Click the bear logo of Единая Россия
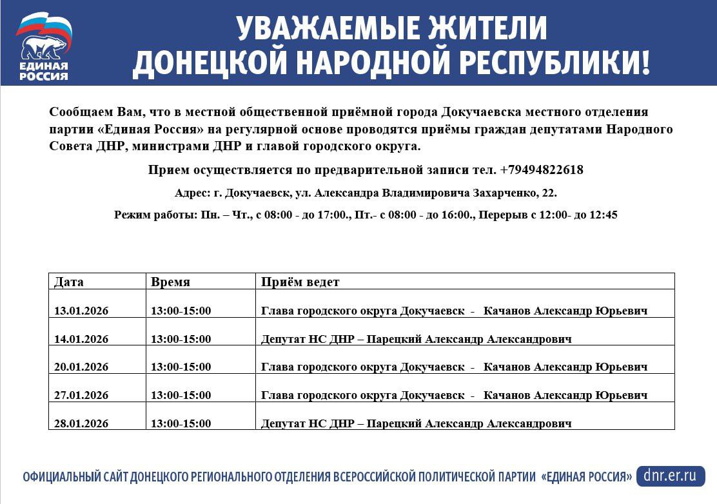[x=43, y=46]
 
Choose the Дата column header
[x=69, y=282]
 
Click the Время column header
[x=170, y=282]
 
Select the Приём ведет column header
[x=300, y=282]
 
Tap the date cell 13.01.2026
[x=81, y=311]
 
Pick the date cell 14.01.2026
[x=81, y=339]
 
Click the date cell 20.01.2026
[x=81, y=367]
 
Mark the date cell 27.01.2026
[x=81, y=395]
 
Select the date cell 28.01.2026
[x=81, y=423]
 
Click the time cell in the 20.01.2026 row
[x=181, y=367]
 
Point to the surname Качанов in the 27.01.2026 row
[x=507, y=395]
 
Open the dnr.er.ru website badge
[x=669, y=476]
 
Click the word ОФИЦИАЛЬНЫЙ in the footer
[x=61, y=477]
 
